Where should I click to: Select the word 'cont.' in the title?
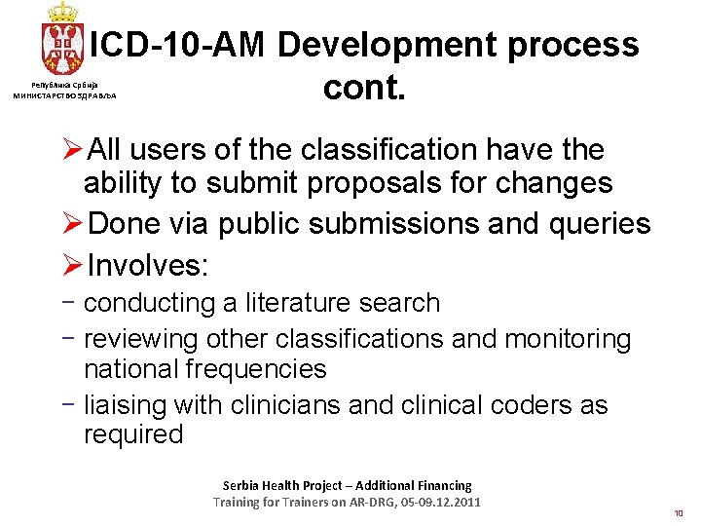coord(363,89)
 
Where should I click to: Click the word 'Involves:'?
coord(148,266)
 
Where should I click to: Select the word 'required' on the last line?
coord(133,434)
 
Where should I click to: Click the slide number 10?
coord(678,512)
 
